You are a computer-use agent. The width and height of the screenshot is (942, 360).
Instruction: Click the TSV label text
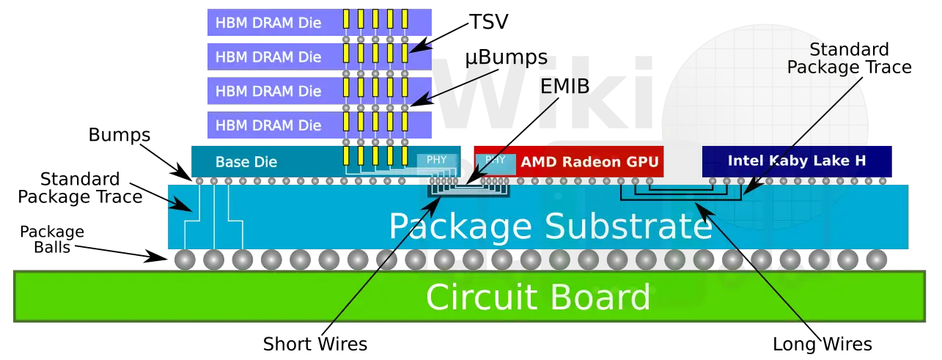(489, 21)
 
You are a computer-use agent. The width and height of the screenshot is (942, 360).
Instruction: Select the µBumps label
(506, 58)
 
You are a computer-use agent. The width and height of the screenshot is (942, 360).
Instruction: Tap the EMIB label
(564, 87)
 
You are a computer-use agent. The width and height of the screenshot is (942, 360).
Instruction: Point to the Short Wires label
(315, 344)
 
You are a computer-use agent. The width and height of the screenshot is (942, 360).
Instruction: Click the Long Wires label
(823, 344)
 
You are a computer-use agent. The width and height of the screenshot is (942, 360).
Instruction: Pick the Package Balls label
(52, 239)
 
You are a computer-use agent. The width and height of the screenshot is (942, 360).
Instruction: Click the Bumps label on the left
(119, 135)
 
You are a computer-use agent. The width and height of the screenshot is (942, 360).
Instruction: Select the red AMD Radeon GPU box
(569, 161)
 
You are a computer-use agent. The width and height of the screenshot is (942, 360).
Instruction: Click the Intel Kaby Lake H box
(797, 161)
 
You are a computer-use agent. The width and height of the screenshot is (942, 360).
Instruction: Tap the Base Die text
(246, 162)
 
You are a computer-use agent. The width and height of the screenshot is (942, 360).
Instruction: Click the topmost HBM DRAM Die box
(320, 22)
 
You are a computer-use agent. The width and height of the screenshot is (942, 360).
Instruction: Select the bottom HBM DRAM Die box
(320, 125)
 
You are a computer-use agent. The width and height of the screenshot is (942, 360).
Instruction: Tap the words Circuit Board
(538, 297)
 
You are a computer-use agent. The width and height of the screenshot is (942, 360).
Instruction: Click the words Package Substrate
(551, 227)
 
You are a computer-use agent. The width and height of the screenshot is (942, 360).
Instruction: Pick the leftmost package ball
(185, 260)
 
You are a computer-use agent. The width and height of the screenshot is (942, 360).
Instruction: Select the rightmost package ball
(877, 260)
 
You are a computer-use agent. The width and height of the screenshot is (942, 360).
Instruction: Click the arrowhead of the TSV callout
(416, 48)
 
